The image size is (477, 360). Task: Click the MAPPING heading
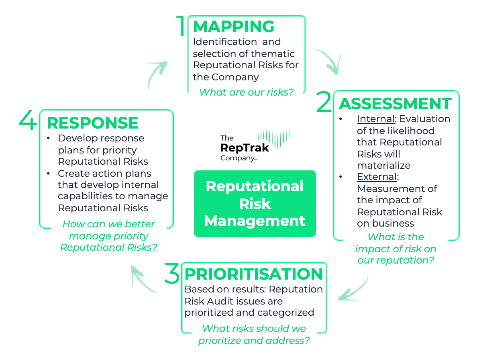pyautogui.click(x=234, y=27)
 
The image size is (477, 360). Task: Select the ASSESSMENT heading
pyautogui.click(x=395, y=104)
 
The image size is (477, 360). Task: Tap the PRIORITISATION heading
pyautogui.click(x=253, y=274)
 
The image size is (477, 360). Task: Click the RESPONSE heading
pyautogui.click(x=92, y=123)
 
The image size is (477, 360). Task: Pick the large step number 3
pyautogui.click(x=172, y=274)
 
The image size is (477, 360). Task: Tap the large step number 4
pyautogui.click(x=28, y=121)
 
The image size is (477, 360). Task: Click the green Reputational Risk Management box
pyautogui.click(x=255, y=204)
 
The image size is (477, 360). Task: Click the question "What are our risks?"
pyautogui.click(x=246, y=92)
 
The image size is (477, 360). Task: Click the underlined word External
pyautogui.click(x=377, y=177)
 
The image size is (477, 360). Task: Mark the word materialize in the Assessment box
pyautogui.click(x=383, y=165)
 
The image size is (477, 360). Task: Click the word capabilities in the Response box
pyautogui.click(x=82, y=196)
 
